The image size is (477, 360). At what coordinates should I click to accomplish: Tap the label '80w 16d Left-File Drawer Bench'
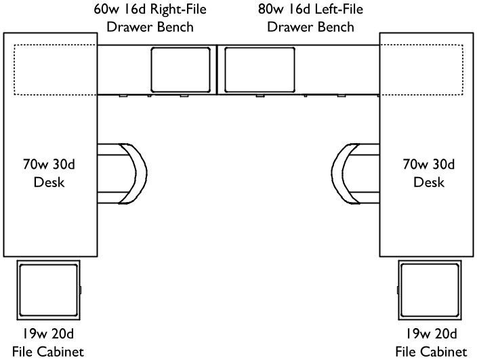click(311, 19)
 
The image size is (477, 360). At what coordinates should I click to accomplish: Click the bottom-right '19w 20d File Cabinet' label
click(431, 343)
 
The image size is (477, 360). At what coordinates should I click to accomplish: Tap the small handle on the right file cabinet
click(396, 291)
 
